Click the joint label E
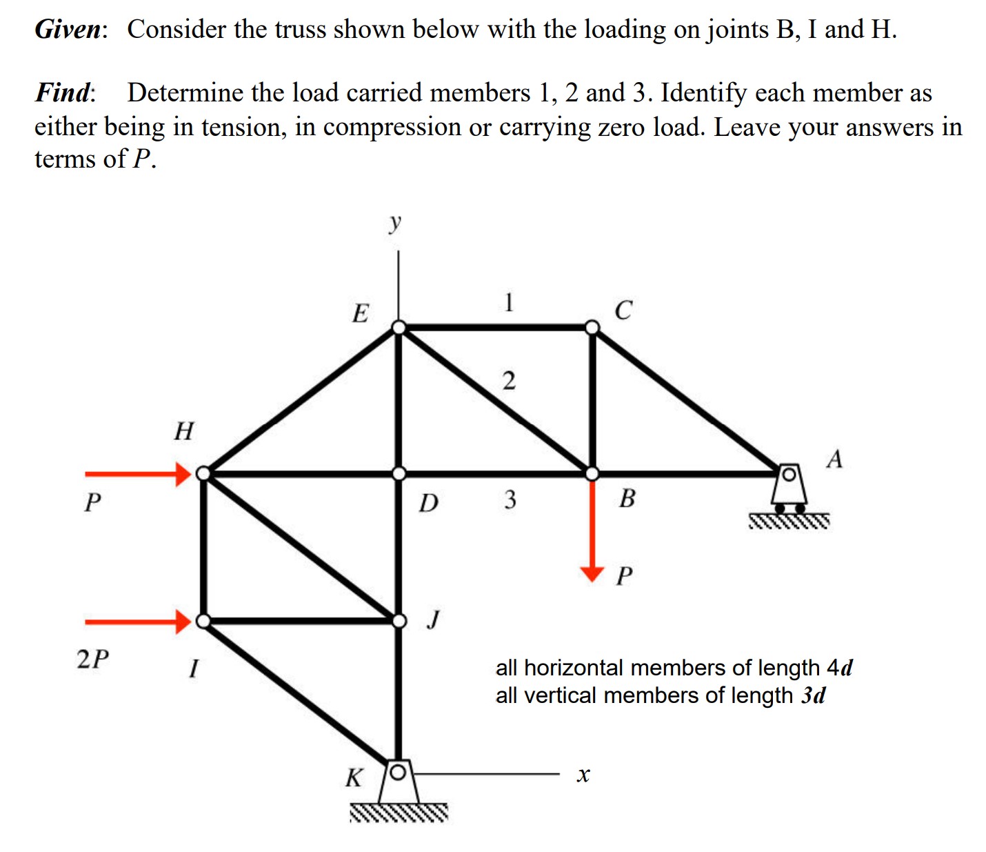(360, 313)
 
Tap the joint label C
(622, 310)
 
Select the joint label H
(184, 431)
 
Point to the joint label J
(433, 619)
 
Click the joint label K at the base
(354, 778)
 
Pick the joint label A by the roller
(834, 459)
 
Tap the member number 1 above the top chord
(508, 302)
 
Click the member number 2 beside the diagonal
(508, 381)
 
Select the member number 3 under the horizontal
(510, 499)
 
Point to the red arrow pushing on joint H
(138, 474)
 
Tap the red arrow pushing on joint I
(138, 622)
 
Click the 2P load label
(93, 660)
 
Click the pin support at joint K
(398, 783)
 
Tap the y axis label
(394, 222)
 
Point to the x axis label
(583, 775)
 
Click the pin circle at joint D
(399, 474)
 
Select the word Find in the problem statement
(64, 92)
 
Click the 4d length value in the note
(839, 668)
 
